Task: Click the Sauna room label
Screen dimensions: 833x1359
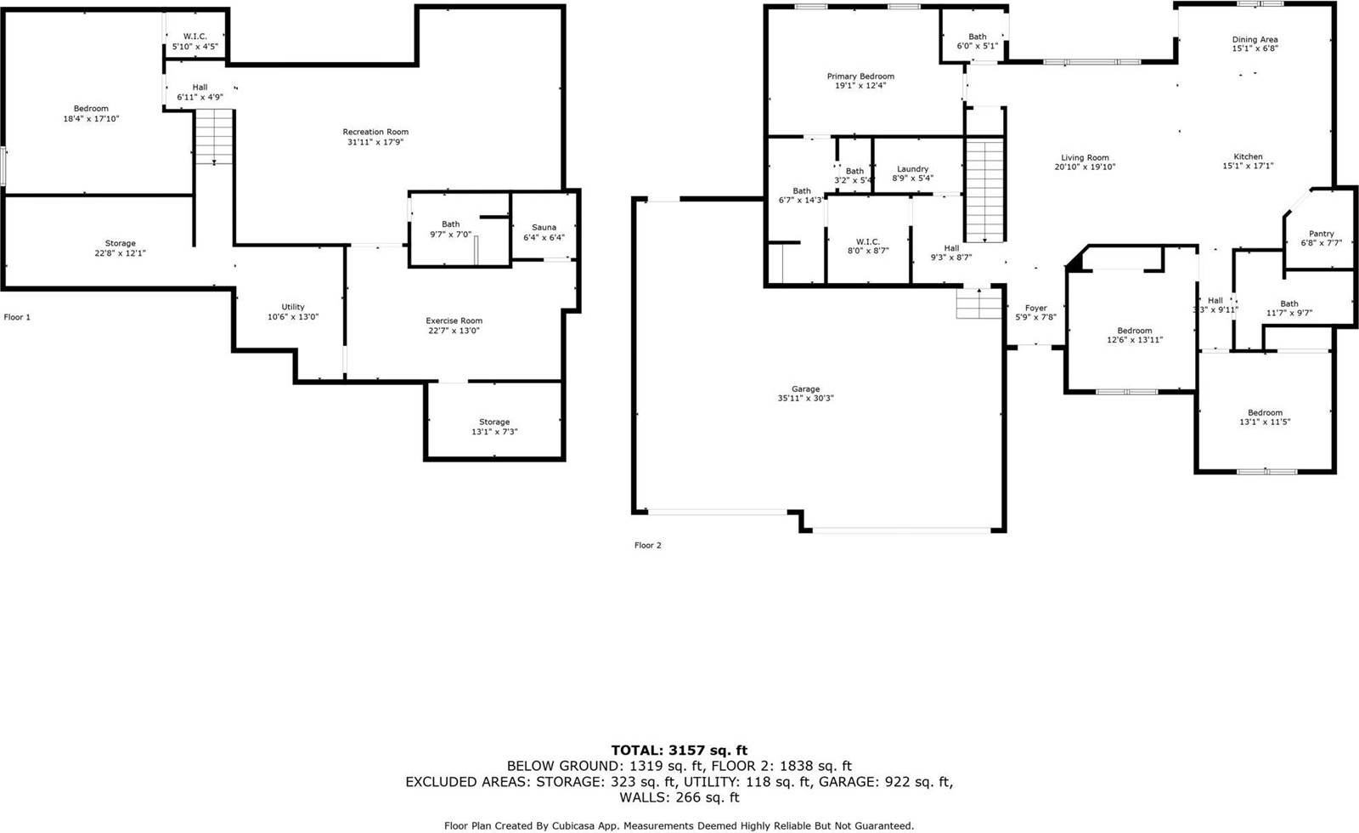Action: click(544, 227)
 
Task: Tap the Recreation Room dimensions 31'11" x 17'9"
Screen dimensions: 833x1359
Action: click(375, 142)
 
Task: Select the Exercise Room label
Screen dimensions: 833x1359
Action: click(454, 320)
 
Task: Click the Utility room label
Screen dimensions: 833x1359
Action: click(293, 307)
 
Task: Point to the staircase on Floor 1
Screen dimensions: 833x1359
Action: click(215, 136)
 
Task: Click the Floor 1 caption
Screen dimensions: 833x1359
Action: click(17, 317)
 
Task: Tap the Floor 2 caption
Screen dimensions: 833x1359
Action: click(647, 545)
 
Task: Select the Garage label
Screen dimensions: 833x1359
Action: click(805, 388)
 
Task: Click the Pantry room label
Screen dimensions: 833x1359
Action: click(1321, 234)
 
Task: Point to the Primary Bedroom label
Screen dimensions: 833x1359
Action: click(860, 76)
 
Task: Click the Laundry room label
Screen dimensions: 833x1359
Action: click(912, 169)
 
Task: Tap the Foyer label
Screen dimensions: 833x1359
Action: click(1035, 308)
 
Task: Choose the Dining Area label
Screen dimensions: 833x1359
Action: click(1255, 39)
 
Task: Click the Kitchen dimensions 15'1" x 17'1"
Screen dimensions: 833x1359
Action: click(1248, 167)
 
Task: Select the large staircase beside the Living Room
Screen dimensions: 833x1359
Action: click(985, 191)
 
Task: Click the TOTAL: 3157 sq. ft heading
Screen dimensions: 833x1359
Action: click(679, 750)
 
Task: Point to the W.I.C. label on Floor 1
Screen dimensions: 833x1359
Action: click(195, 37)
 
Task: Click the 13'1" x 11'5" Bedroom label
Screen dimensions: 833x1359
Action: click(1265, 413)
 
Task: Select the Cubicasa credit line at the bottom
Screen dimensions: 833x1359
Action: click(679, 825)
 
